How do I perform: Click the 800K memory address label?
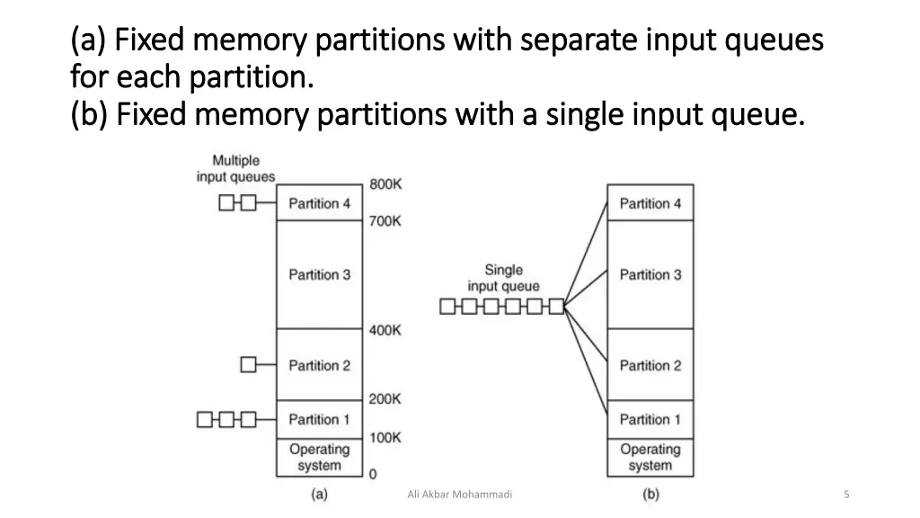[x=385, y=184]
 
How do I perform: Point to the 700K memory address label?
[x=385, y=220]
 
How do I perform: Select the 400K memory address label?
[x=385, y=330]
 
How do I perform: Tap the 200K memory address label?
[x=385, y=398]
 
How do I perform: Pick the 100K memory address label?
[x=385, y=437]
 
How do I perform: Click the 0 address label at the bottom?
[x=373, y=473]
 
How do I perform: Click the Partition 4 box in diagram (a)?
[x=319, y=203]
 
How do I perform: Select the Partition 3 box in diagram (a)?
[x=319, y=274]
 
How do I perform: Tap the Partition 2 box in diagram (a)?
[x=319, y=365]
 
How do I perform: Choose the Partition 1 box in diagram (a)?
[x=319, y=419]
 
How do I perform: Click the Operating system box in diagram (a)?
[x=319, y=457]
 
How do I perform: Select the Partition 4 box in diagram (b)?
[x=650, y=203]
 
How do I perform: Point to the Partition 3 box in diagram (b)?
[x=650, y=274]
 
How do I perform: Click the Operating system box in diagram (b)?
[x=650, y=457]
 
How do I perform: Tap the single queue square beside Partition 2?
[x=249, y=364]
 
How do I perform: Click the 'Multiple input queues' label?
[x=235, y=169]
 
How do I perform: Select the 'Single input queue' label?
[x=503, y=278]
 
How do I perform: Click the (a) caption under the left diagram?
[x=319, y=494]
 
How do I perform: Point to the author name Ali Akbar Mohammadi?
[x=459, y=494]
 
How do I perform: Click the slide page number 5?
[x=847, y=494]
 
